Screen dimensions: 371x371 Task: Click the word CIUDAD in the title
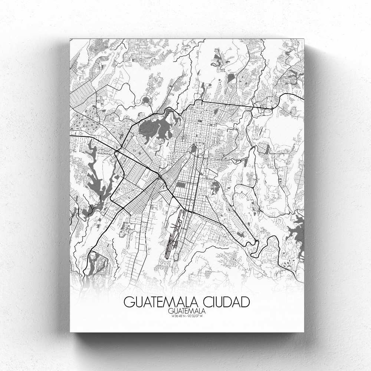[222, 302]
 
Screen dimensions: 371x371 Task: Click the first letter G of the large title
[128, 302]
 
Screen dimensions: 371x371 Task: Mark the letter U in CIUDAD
[215, 302]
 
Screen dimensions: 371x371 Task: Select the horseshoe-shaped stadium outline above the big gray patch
[147, 101]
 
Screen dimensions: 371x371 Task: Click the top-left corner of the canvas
[70, 38]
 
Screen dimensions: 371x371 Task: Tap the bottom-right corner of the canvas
[304, 332]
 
